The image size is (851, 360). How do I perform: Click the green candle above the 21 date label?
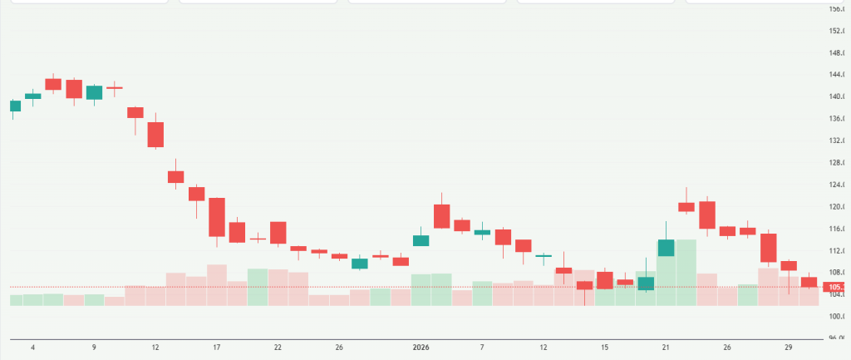click(666, 248)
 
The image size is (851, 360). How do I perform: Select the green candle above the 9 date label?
click(94, 92)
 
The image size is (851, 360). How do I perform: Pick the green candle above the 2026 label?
click(421, 240)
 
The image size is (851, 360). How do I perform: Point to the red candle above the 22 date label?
click(278, 232)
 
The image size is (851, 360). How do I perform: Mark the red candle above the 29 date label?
click(789, 265)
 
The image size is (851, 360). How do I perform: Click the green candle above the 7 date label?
click(482, 232)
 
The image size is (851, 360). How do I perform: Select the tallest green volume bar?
click(686, 272)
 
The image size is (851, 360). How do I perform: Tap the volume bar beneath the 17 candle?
click(217, 284)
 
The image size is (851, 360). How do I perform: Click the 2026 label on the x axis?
click(421, 346)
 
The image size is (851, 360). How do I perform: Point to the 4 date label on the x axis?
click(32, 346)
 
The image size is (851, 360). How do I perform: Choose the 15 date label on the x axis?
click(605, 346)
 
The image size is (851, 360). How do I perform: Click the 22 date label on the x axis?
click(278, 346)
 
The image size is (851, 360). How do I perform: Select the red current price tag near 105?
click(834, 288)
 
